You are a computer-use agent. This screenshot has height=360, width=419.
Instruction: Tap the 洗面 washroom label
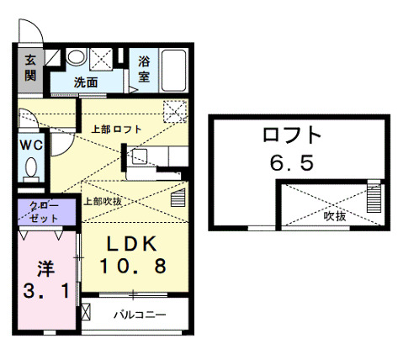coord(85,82)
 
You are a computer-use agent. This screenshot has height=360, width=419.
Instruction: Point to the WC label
coord(31,144)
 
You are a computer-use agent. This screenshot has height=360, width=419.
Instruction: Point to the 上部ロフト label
coord(117,129)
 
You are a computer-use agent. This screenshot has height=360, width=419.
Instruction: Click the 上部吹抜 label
coord(104,201)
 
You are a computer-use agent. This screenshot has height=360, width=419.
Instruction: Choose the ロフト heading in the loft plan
coord(292,135)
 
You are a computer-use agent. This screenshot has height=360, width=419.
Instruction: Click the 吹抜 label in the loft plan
coord(336,215)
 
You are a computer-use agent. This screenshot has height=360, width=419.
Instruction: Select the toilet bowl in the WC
coord(32,168)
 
